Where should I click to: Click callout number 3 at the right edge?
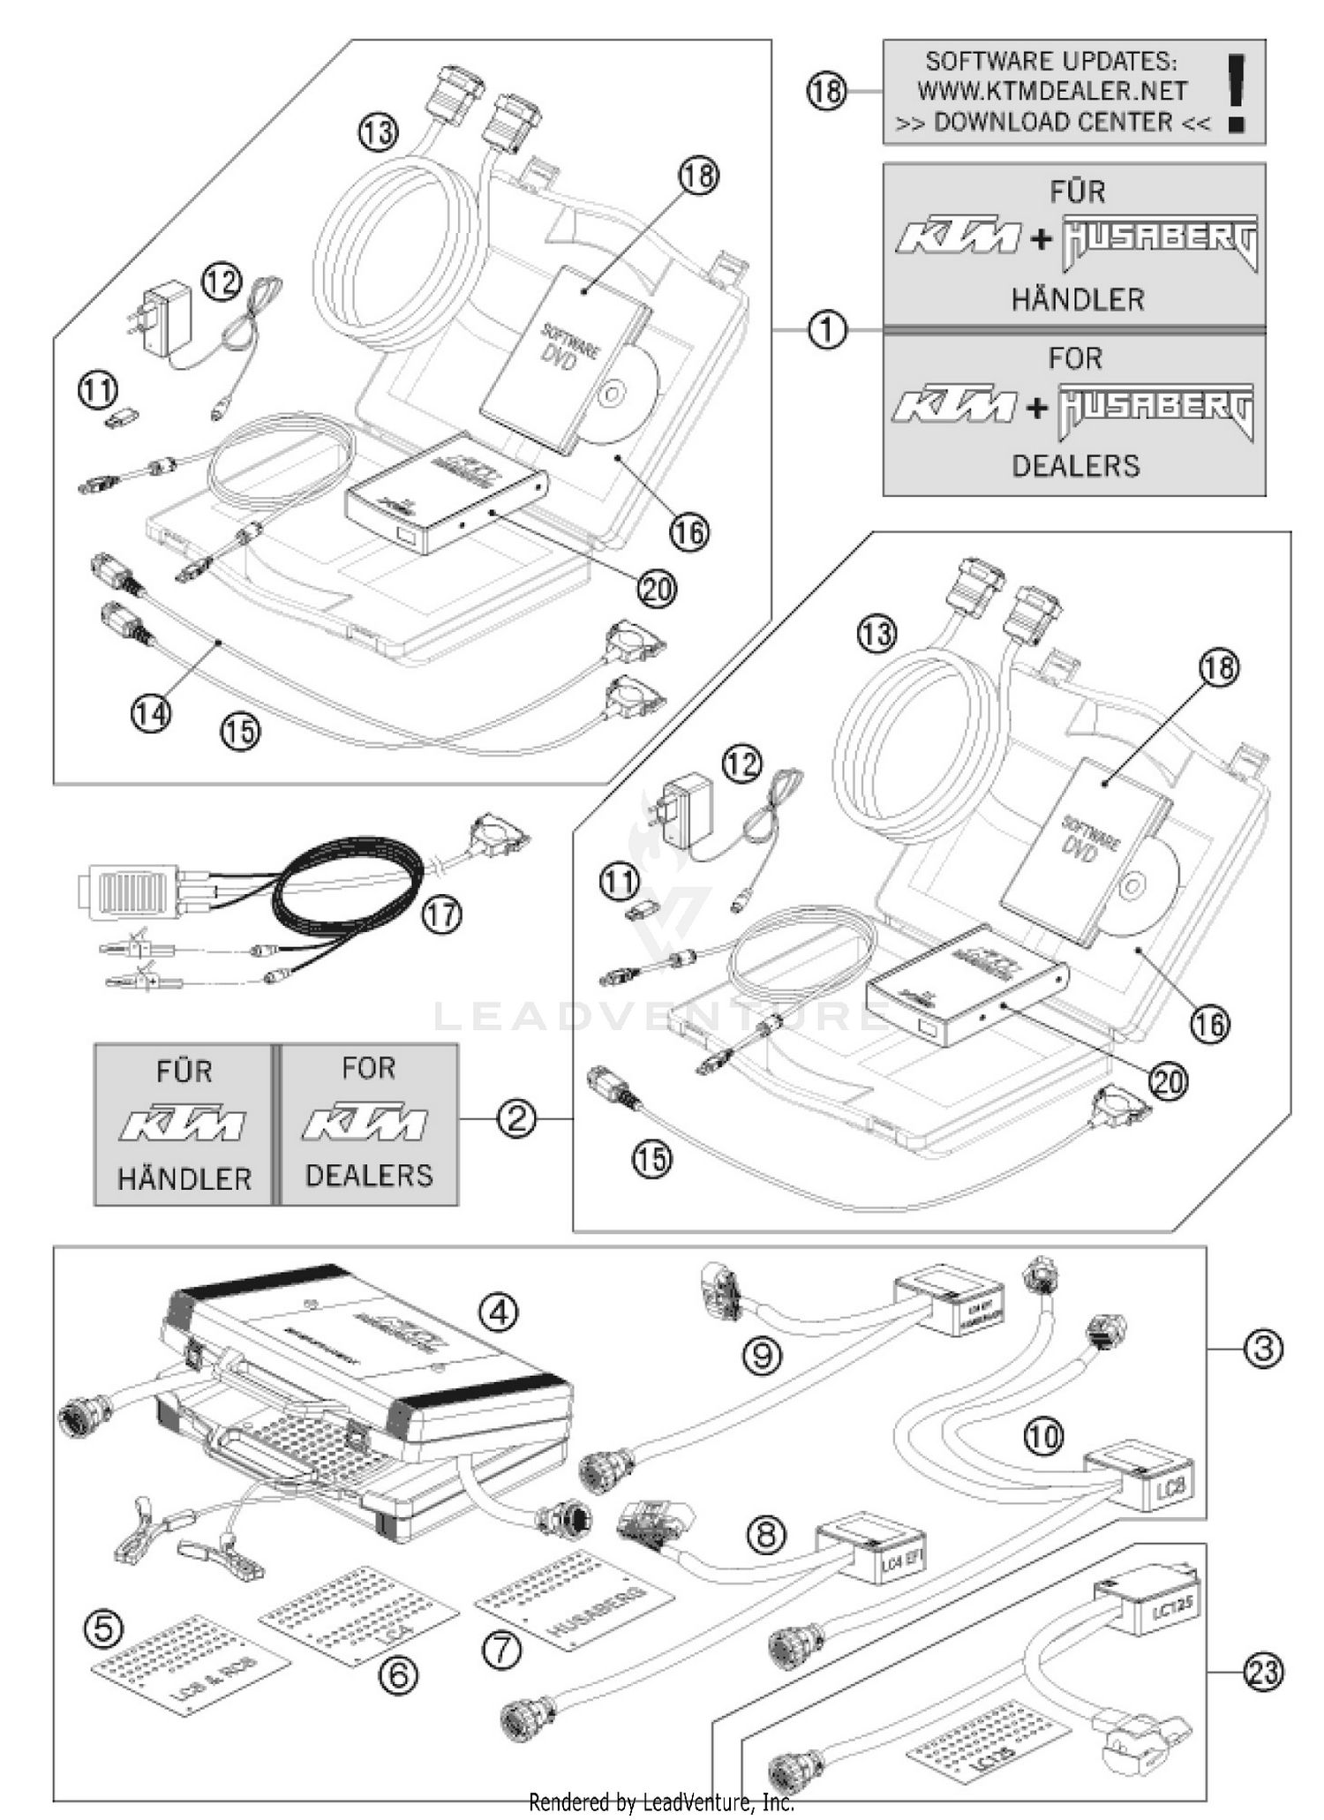pyautogui.click(x=1263, y=1349)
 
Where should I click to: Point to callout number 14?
pyautogui.click(x=151, y=713)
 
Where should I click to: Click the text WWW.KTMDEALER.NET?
pyautogui.click(x=1050, y=91)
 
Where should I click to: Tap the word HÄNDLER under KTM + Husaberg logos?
pyautogui.click(x=1077, y=299)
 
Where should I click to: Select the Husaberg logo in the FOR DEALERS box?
pyautogui.click(x=1156, y=409)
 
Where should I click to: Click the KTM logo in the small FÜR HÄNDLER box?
pyautogui.click(x=183, y=1124)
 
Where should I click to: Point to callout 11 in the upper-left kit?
pyautogui.click(x=98, y=390)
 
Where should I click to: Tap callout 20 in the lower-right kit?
pyautogui.click(x=1169, y=1081)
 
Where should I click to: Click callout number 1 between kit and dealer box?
pyautogui.click(x=827, y=331)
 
